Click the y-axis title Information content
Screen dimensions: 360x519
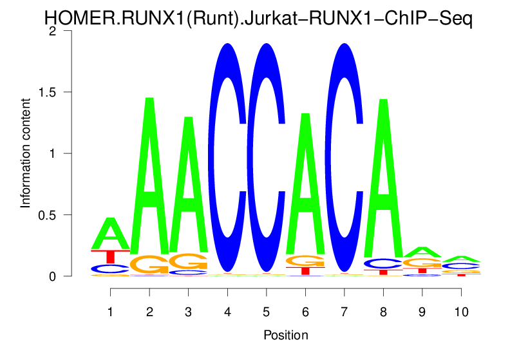click(26, 153)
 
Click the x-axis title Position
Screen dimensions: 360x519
click(285, 335)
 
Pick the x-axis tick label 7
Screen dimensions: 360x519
click(344, 312)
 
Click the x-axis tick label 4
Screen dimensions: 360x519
click(227, 312)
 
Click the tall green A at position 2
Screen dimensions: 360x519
click(149, 187)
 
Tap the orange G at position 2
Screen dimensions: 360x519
click(149, 264)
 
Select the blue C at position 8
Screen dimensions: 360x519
click(384, 263)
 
